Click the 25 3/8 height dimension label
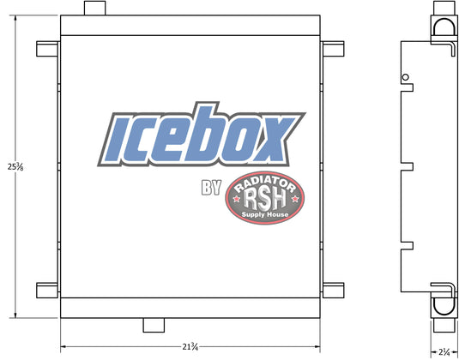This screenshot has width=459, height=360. coord(15,167)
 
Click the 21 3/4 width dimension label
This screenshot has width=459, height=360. coord(190,347)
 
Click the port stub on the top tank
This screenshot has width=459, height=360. coord(95,9)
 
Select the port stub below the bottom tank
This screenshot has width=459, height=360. coord(154,325)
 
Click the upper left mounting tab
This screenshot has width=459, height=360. coord(47,49)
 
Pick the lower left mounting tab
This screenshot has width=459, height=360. coord(47,291)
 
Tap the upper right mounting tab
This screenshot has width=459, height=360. coord(334,49)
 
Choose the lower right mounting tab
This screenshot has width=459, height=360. coord(334,291)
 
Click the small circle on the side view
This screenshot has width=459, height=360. coord(406,77)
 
